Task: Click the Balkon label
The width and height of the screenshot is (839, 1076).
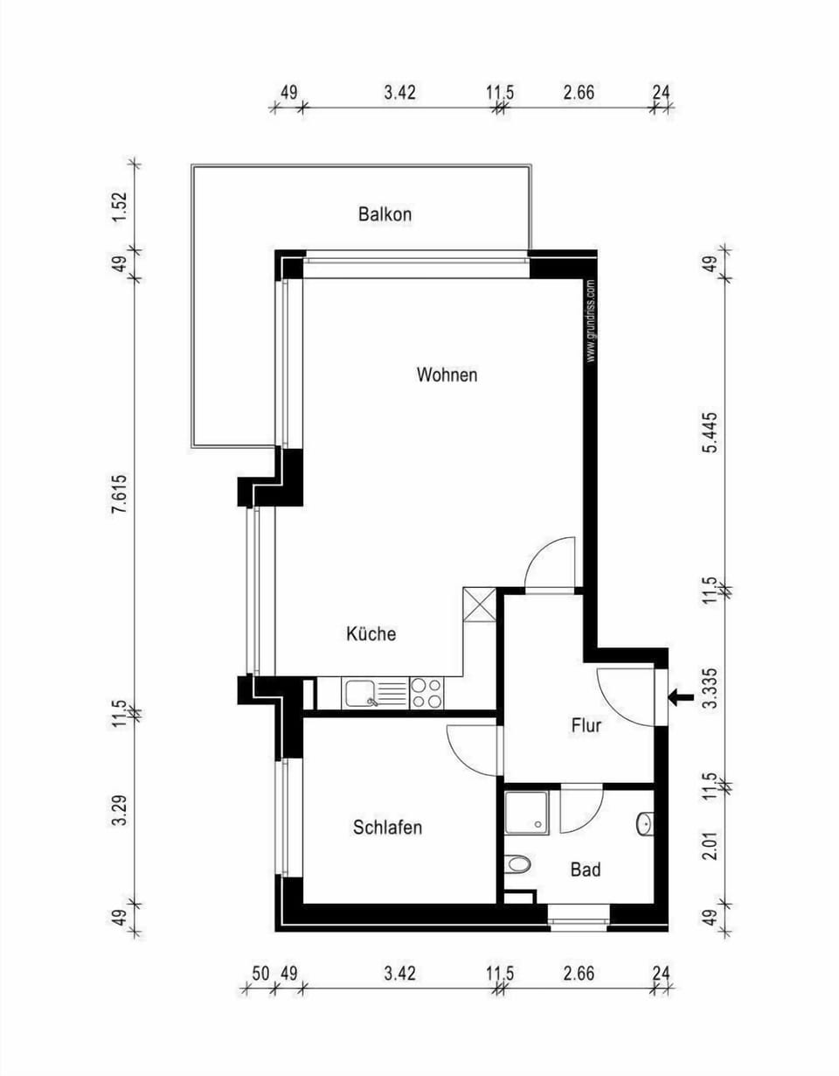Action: [385, 213]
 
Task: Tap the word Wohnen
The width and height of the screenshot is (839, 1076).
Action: [447, 375]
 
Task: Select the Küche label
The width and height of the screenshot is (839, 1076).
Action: [371, 633]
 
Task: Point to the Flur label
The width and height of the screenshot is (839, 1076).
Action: [586, 725]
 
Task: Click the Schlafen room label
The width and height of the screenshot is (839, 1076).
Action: [387, 827]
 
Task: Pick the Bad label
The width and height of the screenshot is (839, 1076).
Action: [585, 870]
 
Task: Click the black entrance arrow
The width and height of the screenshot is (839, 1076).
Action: [681, 697]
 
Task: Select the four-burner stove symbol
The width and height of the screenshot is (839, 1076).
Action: [426, 693]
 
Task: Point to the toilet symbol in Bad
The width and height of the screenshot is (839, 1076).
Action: [518, 865]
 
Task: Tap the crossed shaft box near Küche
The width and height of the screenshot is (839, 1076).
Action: [480, 604]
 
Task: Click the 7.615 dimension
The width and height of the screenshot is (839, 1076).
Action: [120, 496]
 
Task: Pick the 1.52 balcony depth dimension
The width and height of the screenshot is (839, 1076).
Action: [120, 207]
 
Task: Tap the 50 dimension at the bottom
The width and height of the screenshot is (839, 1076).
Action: [260, 973]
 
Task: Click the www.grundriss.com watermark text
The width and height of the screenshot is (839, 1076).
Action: [591, 320]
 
